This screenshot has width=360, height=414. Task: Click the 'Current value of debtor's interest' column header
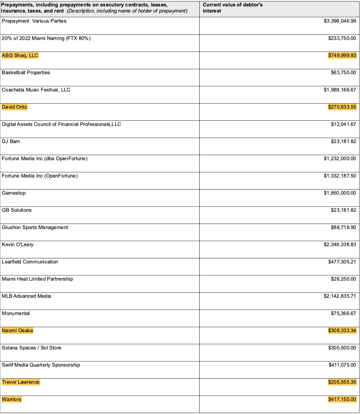click(x=232, y=8)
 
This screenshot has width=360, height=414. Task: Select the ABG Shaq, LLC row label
click(x=20, y=55)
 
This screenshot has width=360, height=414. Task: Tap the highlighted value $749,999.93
click(x=342, y=55)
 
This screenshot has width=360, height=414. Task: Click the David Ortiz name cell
click(x=15, y=107)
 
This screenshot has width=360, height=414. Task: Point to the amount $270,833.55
click(x=342, y=107)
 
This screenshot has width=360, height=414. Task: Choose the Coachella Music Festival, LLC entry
click(x=36, y=90)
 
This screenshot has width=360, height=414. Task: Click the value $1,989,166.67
click(x=340, y=90)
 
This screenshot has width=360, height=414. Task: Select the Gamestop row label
click(x=13, y=193)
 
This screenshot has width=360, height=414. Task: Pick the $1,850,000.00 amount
click(x=340, y=193)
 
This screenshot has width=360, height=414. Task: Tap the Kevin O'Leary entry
click(x=17, y=245)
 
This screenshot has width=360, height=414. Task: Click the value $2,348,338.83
click(x=340, y=245)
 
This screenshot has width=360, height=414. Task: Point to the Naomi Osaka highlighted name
click(x=17, y=330)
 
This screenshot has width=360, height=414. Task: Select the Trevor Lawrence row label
click(x=21, y=382)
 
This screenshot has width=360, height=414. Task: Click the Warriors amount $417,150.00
click(x=342, y=399)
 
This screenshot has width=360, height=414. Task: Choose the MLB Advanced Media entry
click(x=26, y=296)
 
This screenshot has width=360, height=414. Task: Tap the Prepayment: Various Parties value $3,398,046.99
click(x=340, y=21)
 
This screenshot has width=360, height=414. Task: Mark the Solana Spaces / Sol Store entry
click(x=32, y=348)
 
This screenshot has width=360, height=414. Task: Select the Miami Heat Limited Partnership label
click(x=37, y=279)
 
